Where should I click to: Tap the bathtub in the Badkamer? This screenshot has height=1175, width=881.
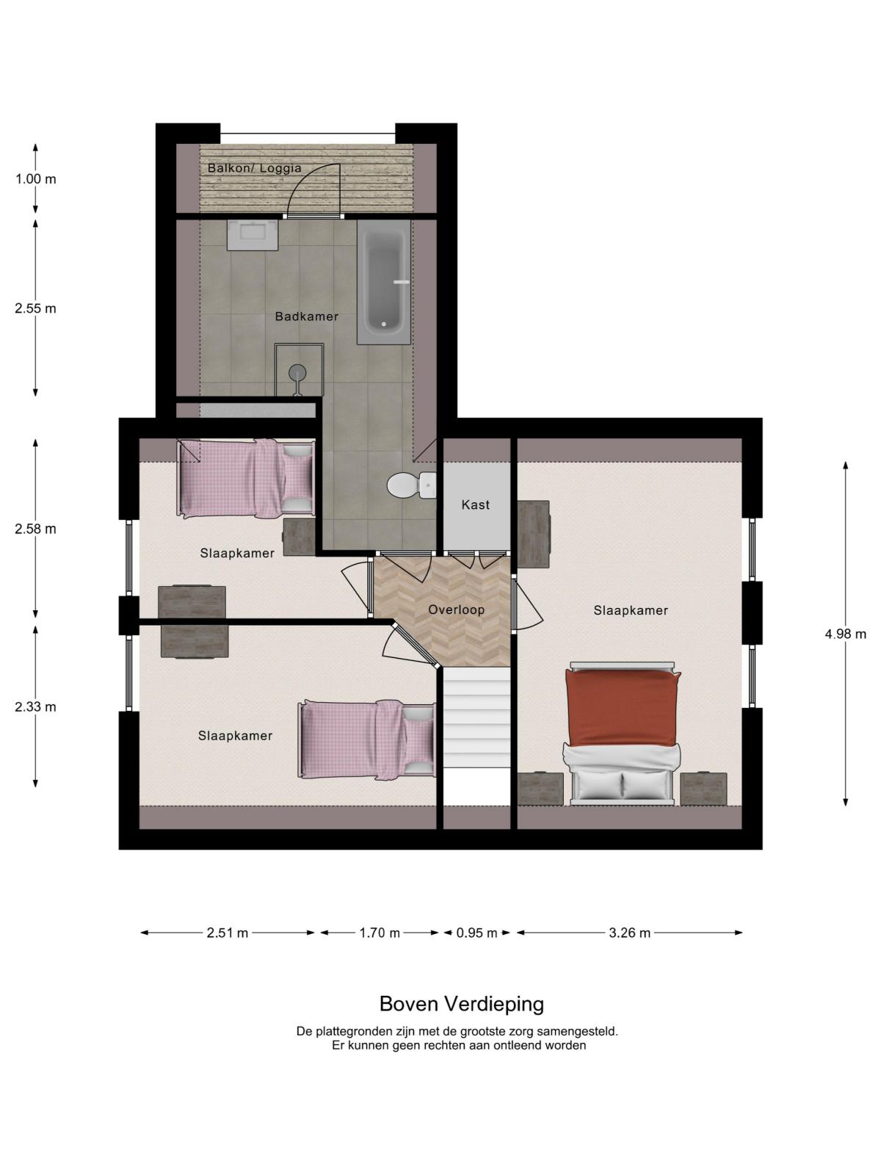pos(383,282)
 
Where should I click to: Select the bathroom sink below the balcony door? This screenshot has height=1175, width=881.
pos(253,235)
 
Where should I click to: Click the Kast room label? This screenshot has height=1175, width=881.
pos(475,505)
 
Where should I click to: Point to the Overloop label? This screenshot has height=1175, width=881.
pos(456,610)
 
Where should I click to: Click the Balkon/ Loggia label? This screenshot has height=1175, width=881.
pos(255,168)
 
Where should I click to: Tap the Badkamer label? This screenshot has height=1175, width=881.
pos(306,317)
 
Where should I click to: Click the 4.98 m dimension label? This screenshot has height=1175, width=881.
pos(845,634)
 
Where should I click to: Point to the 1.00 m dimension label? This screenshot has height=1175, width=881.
pos(35,178)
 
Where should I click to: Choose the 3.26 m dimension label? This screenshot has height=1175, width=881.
pos(630,933)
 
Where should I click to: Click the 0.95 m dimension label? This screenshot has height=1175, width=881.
pos(476,933)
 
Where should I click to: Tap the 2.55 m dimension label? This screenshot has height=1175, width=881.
pos(35,308)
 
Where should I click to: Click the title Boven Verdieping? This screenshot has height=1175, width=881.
pos(461,1004)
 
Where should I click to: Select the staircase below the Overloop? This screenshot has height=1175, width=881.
pos(477,717)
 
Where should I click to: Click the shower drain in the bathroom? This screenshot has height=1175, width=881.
pos(297,372)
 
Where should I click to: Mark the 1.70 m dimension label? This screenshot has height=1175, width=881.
pos(380,933)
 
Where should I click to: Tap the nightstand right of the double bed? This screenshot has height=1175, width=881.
pos(703,789)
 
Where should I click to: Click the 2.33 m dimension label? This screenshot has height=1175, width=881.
pos(35,706)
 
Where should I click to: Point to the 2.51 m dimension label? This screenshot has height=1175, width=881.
pos(228,933)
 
